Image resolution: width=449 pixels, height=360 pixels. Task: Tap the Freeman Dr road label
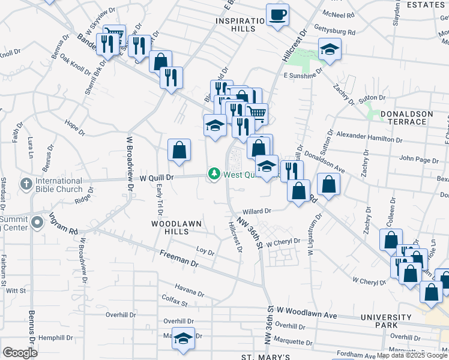[x=179, y=259]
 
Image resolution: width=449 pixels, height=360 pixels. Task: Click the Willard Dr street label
[x=258, y=211]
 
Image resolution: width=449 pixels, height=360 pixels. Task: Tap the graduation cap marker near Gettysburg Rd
[x=329, y=49]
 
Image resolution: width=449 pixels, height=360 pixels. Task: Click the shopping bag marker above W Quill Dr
[x=179, y=151]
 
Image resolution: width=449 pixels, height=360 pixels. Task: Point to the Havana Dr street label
[x=190, y=292]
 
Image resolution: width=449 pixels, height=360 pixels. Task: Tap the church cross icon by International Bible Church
[x=25, y=182]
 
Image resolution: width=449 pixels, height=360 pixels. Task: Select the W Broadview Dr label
[x=130, y=163]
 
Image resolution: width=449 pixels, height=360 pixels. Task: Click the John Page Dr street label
[x=415, y=160]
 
